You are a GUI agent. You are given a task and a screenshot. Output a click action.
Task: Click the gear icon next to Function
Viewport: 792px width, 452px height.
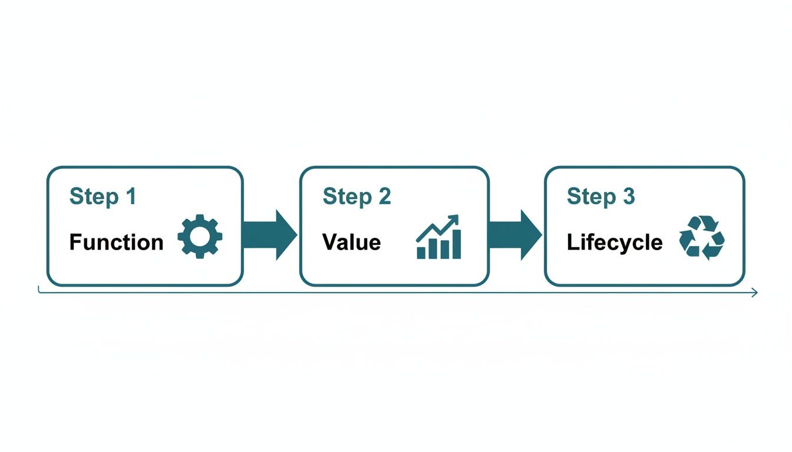[200, 236]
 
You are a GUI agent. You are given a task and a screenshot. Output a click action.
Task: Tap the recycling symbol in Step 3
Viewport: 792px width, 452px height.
[701, 237]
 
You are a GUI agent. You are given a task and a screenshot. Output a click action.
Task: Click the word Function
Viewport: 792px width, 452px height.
[116, 242]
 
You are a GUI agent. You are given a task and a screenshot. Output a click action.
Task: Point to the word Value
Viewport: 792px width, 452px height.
[351, 242]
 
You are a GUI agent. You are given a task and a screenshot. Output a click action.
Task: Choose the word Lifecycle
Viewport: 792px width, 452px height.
[614, 242]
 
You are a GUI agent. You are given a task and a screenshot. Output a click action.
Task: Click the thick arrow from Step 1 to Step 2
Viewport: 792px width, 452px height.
[270, 235]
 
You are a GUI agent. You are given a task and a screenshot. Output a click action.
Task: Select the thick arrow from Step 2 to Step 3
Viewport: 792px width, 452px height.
[514, 235]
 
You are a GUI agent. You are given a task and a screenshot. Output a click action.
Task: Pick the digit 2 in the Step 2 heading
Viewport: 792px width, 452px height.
[384, 197]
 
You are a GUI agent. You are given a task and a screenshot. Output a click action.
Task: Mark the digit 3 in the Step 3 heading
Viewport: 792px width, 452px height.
[629, 197]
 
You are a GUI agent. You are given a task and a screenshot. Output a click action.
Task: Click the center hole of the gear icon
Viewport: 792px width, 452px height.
[200, 236]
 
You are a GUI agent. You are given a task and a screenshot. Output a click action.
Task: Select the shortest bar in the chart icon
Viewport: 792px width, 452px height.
[421, 252]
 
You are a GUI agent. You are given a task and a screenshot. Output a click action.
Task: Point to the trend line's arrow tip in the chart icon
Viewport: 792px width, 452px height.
[456, 218]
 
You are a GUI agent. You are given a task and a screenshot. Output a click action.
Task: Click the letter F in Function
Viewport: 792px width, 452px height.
[75, 242]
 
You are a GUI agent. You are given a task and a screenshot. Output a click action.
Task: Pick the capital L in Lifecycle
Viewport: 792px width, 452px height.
[571, 242]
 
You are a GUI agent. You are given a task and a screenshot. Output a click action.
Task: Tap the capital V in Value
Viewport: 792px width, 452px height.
[329, 242]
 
